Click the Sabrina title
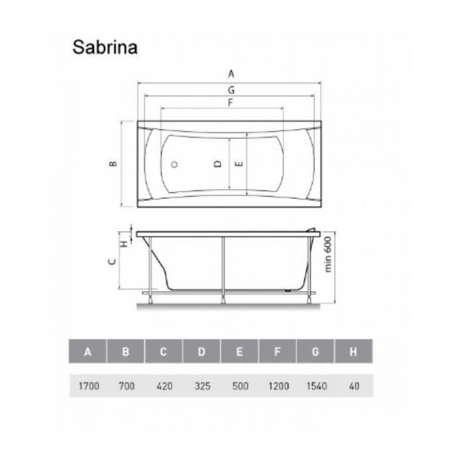pos(105,47)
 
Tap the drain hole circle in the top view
pos(175,164)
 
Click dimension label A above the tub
pos(232,73)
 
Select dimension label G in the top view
pos(232,90)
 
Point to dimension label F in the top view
pos(230,103)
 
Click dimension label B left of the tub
pos(113,164)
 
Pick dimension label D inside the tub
pos(218,164)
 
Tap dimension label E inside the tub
pos(240,164)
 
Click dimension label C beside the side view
pos(112,261)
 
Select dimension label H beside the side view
pos(125,244)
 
